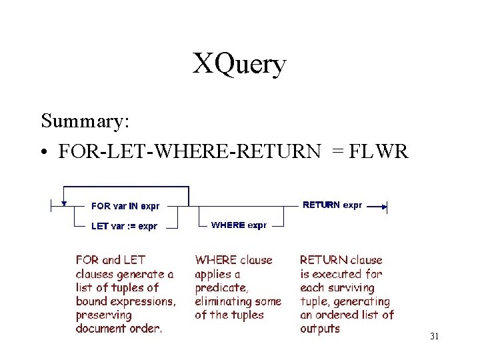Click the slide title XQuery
pyautogui.click(x=239, y=65)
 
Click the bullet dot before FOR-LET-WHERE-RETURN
pyautogui.click(x=45, y=152)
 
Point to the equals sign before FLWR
pyautogui.click(x=339, y=151)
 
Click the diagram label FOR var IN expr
pyautogui.click(x=125, y=206)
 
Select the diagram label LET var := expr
pyautogui.click(x=124, y=226)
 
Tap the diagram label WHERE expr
pyautogui.click(x=239, y=225)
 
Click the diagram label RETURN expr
pyautogui.click(x=332, y=205)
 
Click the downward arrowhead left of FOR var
pyautogui.click(x=64, y=203)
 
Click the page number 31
pyautogui.click(x=434, y=337)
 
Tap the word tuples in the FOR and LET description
pyautogui.click(x=143, y=287)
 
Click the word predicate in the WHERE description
pyautogui.click(x=221, y=288)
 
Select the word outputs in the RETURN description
pyautogui.click(x=320, y=329)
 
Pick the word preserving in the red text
pyautogui.click(x=103, y=315)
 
